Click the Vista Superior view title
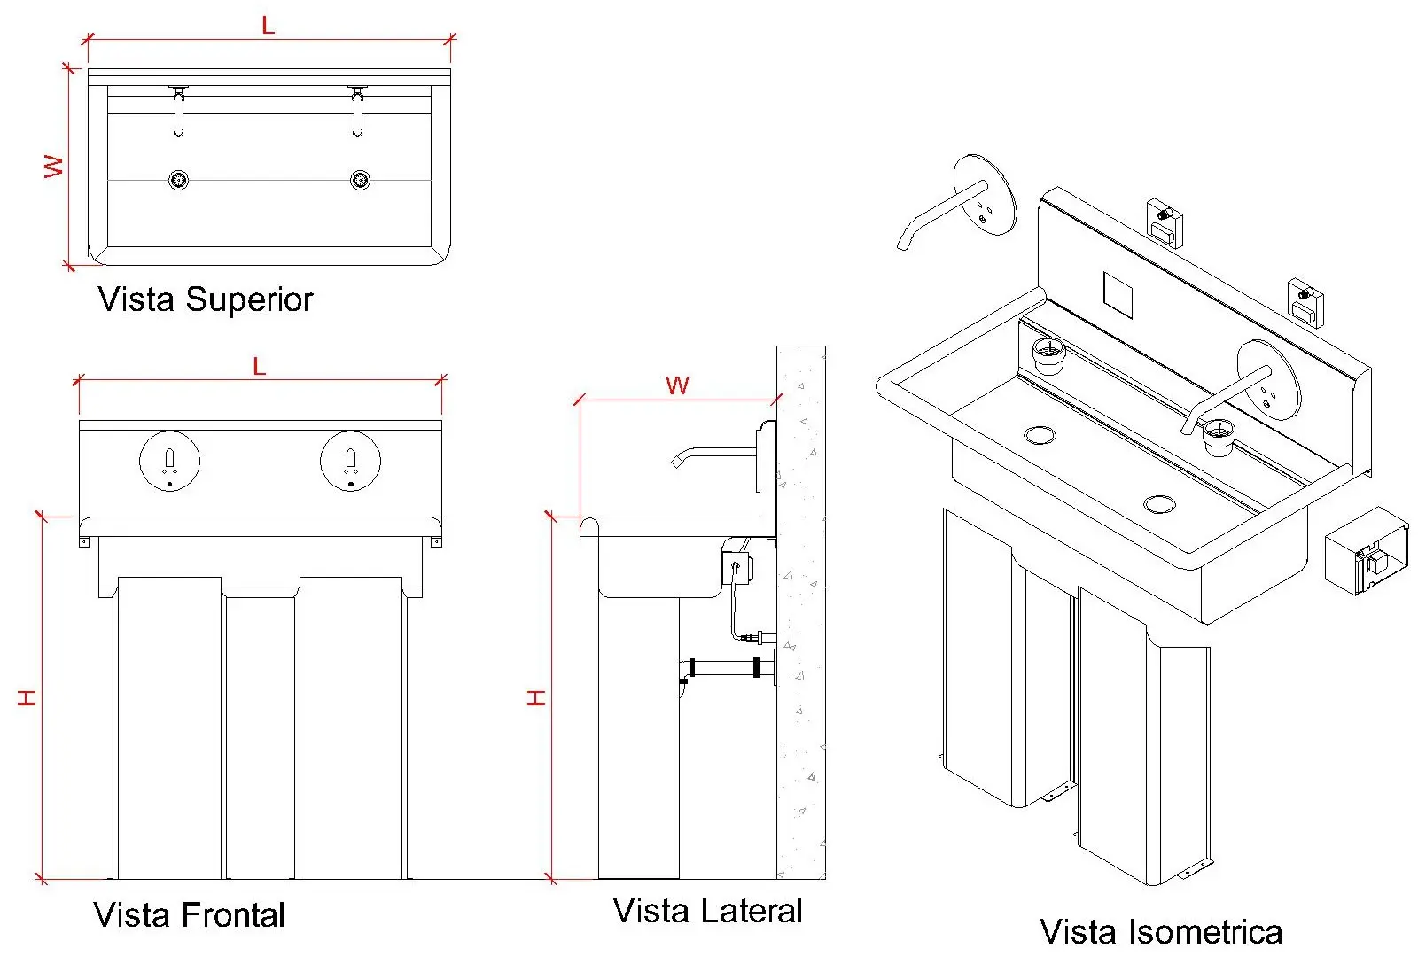pyautogui.click(x=205, y=299)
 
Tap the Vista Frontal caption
pyautogui.click(x=189, y=914)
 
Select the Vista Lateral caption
pyautogui.click(x=707, y=911)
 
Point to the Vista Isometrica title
pyautogui.click(x=1160, y=931)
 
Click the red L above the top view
pyautogui.click(x=269, y=26)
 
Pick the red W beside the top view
pyautogui.click(x=54, y=167)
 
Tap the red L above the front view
pyautogui.click(x=260, y=367)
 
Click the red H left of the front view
pyautogui.click(x=27, y=697)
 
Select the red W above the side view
pyautogui.click(x=677, y=385)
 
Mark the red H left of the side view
pyautogui.click(x=536, y=697)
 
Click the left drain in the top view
pyautogui.click(x=179, y=181)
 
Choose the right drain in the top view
pyautogui.click(x=360, y=181)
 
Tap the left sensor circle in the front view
pyautogui.click(x=170, y=461)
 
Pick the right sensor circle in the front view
pyautogui.click(x=351, y=461)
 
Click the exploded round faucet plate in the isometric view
pyautogui.click(x=985, y=195)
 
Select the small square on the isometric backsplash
pyautogui.click(x=1118, y=295)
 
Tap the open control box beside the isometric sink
pyautogui.click(x=1367, y=552)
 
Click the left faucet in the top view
pyautogui.click(x=179, y=112)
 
